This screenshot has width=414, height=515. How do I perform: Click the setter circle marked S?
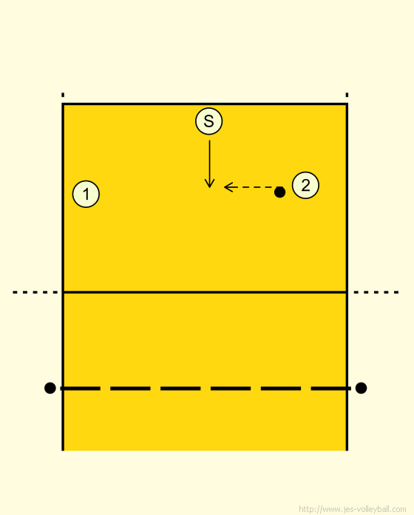209,121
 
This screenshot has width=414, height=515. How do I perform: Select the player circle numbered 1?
86,194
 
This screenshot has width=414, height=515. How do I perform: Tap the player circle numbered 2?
305,185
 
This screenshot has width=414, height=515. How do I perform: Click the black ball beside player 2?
279,192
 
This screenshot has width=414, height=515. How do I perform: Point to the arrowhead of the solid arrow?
209,184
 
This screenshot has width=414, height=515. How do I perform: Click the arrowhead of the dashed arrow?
228,187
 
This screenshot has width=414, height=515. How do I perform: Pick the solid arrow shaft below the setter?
209,164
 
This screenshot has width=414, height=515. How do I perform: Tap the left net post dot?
50,388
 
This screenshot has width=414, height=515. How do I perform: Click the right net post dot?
361,388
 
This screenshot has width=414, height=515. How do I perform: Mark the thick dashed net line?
206,388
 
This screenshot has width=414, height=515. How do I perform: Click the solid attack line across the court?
205,292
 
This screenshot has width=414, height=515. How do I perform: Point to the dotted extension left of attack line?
35,292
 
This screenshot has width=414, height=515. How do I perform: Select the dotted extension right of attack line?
376,292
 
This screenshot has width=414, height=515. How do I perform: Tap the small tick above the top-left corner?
63,95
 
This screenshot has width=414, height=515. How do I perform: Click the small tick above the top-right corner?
347,95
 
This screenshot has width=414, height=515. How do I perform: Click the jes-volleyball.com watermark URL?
353,509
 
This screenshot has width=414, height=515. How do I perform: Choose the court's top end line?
205,104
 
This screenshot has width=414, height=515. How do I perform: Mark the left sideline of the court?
63,277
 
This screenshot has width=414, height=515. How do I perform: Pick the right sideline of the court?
347,277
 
